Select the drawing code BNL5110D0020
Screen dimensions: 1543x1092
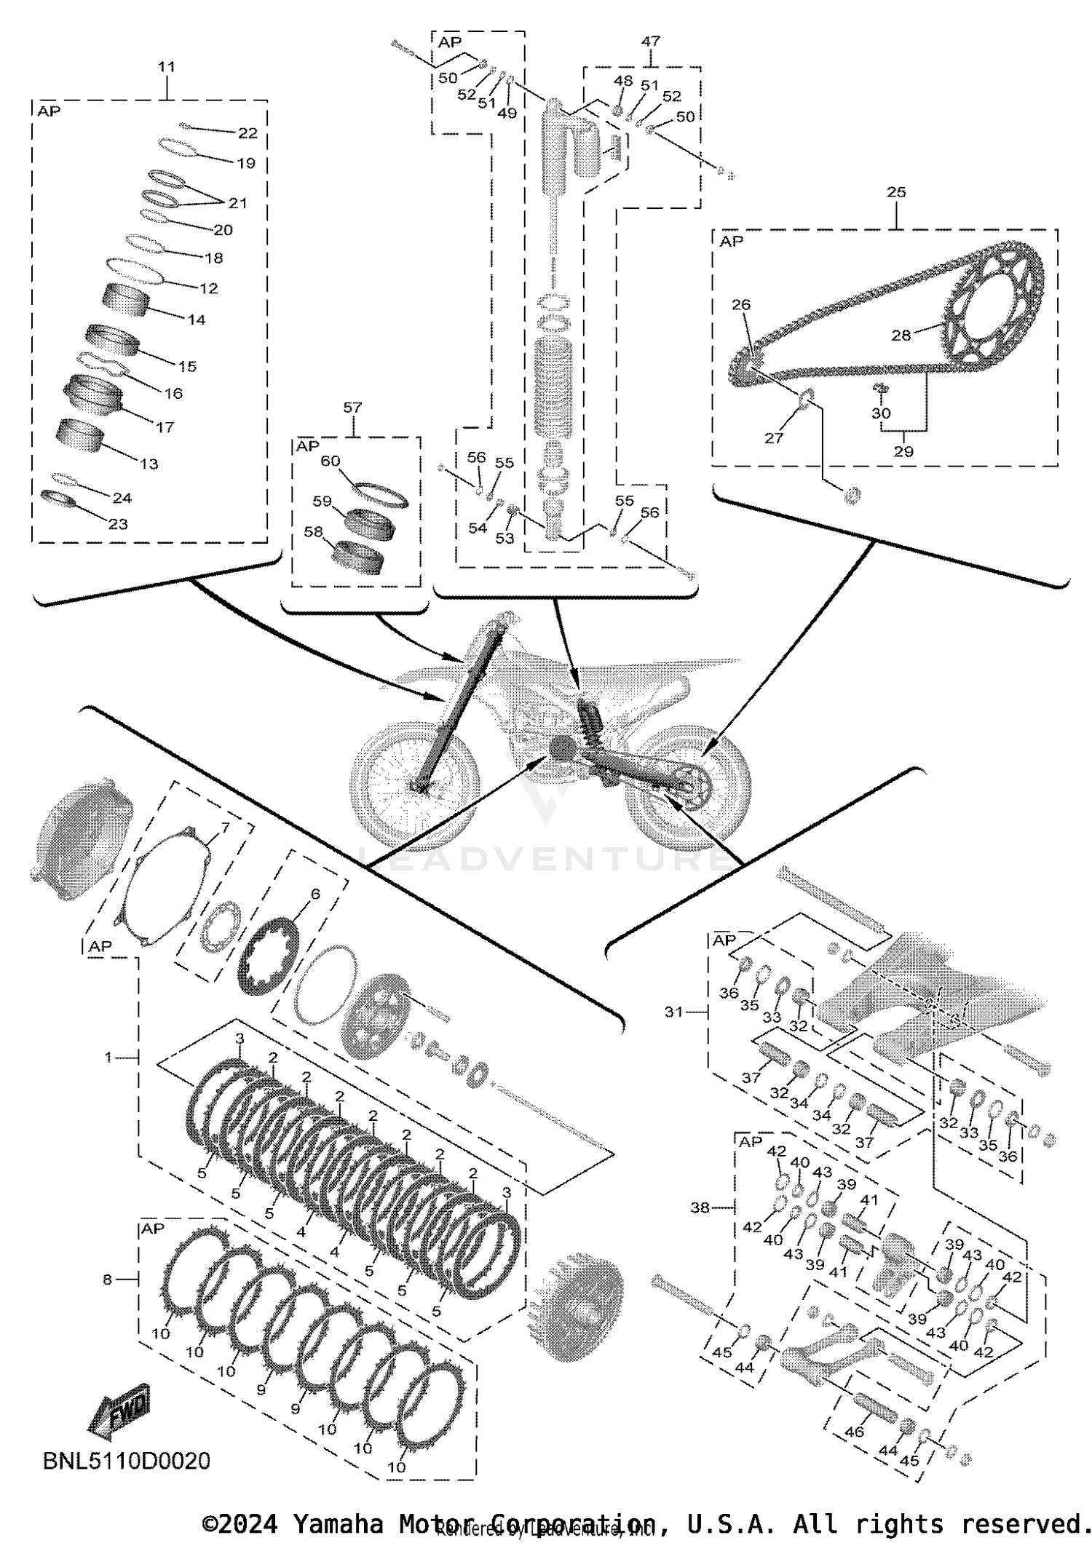[x=127, y=1461]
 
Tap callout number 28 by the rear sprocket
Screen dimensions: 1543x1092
[x=901, y=335]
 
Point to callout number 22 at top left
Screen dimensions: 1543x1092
[x=248, y=132]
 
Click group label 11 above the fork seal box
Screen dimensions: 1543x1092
[x=166, y=67]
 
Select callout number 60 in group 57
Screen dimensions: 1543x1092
[x=330, y=461]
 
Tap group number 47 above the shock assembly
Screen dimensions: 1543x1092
[x=650, y=41]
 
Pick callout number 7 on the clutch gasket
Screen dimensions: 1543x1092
[x=225, y=828]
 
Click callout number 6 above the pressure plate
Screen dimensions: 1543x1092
[x=314, y=894]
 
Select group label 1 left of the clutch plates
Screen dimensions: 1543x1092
[x=108, y=1057]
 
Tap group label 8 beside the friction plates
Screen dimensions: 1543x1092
[x=107, y=1280]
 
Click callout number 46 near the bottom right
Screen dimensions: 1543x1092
[x=854, y=1431]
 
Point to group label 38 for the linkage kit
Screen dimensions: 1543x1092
[x=700, y=1207]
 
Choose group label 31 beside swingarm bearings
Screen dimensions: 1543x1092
[x=673, y=1012]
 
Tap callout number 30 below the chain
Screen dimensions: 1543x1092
[x=881, y=413]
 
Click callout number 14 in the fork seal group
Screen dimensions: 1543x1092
[x=197, y=320]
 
